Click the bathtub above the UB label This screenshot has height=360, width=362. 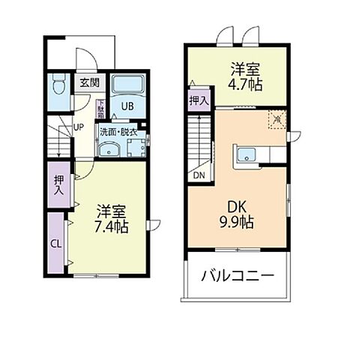pos(129,84)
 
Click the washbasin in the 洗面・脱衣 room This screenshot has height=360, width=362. pos(109,148)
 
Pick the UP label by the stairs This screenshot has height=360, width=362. pos(78,127)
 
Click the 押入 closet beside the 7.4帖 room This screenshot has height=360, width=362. pos(58,184)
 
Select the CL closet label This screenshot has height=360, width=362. pos(56,243)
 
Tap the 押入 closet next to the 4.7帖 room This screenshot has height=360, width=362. pos(199,100)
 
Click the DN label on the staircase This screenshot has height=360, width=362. pos(199,175)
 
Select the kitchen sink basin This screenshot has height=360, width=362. pos(247,156)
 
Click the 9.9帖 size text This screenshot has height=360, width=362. pos(238,222)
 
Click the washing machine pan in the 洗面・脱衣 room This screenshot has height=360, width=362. pos(136,147)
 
